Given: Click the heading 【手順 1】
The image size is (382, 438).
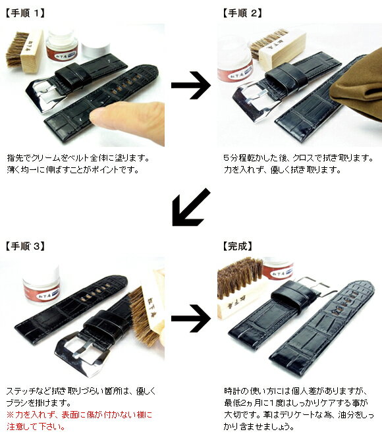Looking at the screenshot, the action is tap(25, 13).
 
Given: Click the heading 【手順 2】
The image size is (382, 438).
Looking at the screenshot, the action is tap(242, 13).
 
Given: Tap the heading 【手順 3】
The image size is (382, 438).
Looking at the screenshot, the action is tap(25, 246).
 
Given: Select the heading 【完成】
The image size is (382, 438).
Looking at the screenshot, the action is tap(238, 246).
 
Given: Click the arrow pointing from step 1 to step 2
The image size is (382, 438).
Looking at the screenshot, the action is tap(191, 85).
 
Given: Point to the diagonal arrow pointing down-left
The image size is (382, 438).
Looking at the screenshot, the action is tap(191, 207).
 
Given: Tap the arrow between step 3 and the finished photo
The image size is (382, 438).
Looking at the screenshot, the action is tap(191, 318).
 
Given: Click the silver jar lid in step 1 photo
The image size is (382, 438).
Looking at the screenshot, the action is tap(95, 49).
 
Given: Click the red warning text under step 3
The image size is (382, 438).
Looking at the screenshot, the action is tap(80, 420).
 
